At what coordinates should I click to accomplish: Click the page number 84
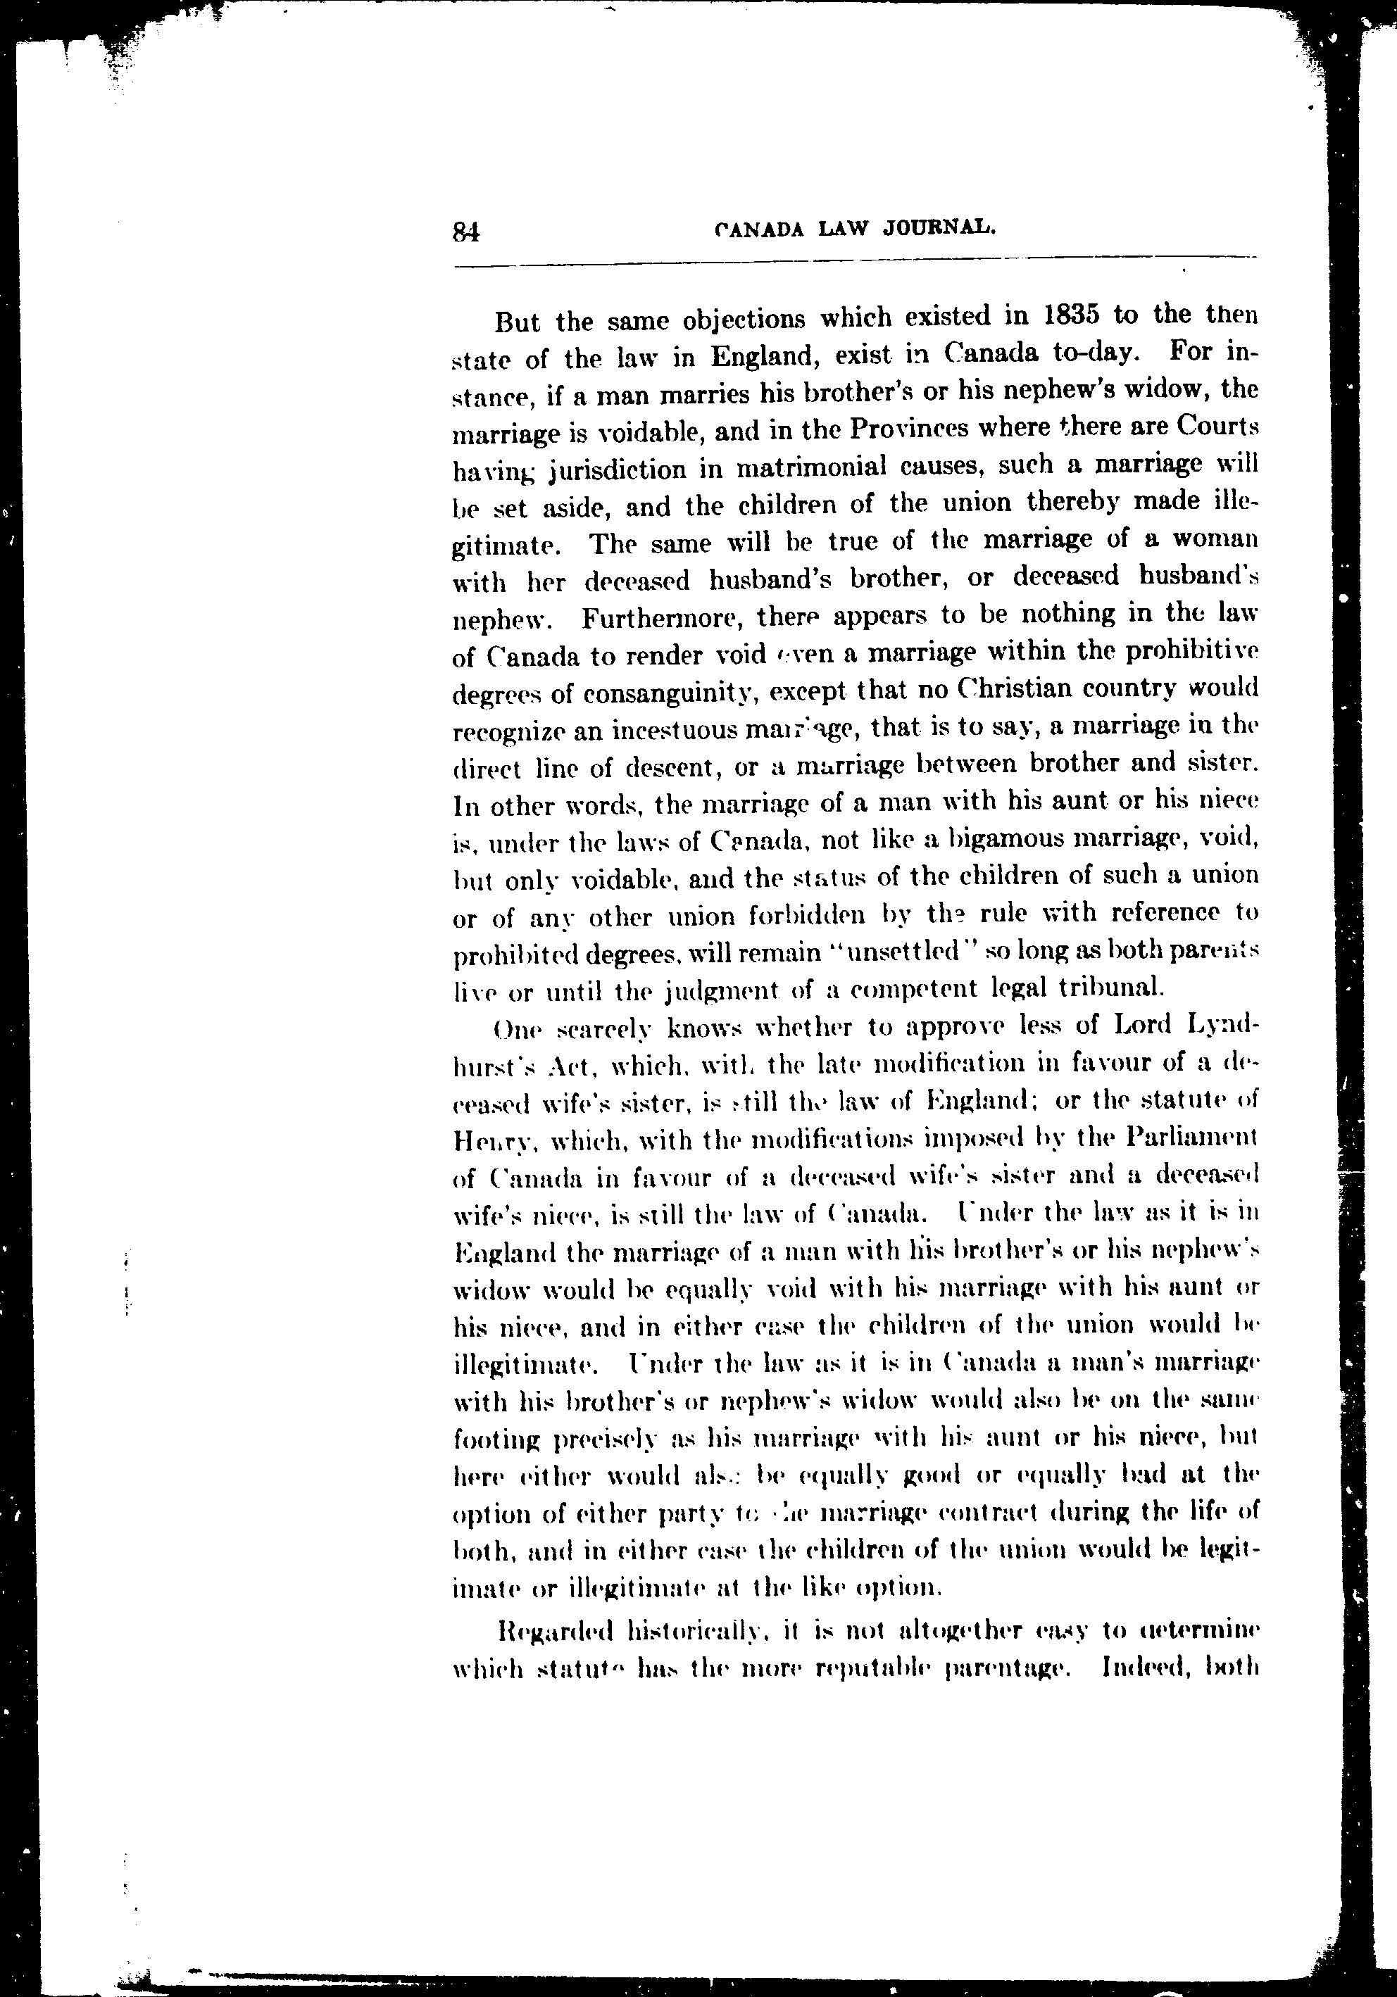(466, 232)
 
